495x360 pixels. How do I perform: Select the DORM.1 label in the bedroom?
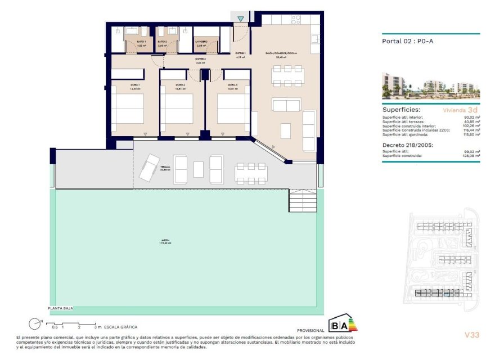coord(119,85)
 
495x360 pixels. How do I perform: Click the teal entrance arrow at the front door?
coord(241,19)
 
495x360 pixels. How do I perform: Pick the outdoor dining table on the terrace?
coord(251,173)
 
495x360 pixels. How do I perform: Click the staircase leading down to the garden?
coord(303,200)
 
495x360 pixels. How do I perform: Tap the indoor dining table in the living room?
coord(286,75)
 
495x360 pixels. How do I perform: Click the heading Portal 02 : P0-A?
coord(407,41)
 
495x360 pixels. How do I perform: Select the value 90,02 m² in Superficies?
coord(469,117)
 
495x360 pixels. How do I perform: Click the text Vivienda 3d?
coord(460,110)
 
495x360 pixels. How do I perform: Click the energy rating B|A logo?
coord(343,324)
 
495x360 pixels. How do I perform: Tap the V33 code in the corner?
coord(471,335)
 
